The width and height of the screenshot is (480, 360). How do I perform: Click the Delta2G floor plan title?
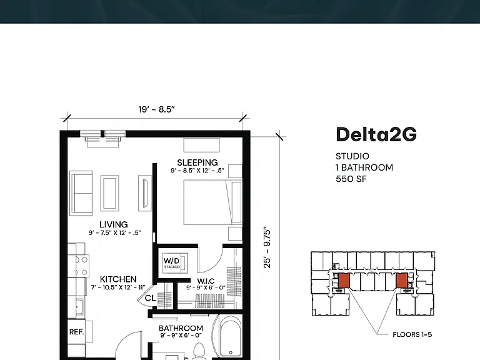tap(376, 134)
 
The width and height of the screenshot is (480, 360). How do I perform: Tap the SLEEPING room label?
tap(197, 162)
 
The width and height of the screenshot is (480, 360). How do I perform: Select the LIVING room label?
tap(114, 224)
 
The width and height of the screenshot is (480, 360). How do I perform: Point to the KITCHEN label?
tap(118, 279)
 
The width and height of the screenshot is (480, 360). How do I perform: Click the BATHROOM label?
tap(181, 328)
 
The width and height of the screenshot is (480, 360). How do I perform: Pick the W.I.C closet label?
tap(206, 281)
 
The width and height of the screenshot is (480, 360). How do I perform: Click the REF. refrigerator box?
tap(76, 332)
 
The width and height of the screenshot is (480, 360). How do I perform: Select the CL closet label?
tap(150, 298)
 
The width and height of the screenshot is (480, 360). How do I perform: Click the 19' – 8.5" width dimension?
tap(156, 109)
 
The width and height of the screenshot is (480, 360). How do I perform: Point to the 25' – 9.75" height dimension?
tap(267, 247)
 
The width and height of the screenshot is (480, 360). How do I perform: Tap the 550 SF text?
tap(351, 179)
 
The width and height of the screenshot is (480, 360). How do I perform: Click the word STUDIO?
tap(352, 156)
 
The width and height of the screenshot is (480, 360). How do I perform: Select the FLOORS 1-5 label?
tap(412, 334)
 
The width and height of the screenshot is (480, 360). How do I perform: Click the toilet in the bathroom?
tap(199, 351)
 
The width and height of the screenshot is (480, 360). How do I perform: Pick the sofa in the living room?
tap(81, 193)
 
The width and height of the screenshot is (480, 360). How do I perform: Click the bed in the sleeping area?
tap(212, 202)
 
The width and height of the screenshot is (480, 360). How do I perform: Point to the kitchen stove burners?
tap(81, 266)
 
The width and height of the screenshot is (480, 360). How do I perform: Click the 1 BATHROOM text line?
tap(364, 167)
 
